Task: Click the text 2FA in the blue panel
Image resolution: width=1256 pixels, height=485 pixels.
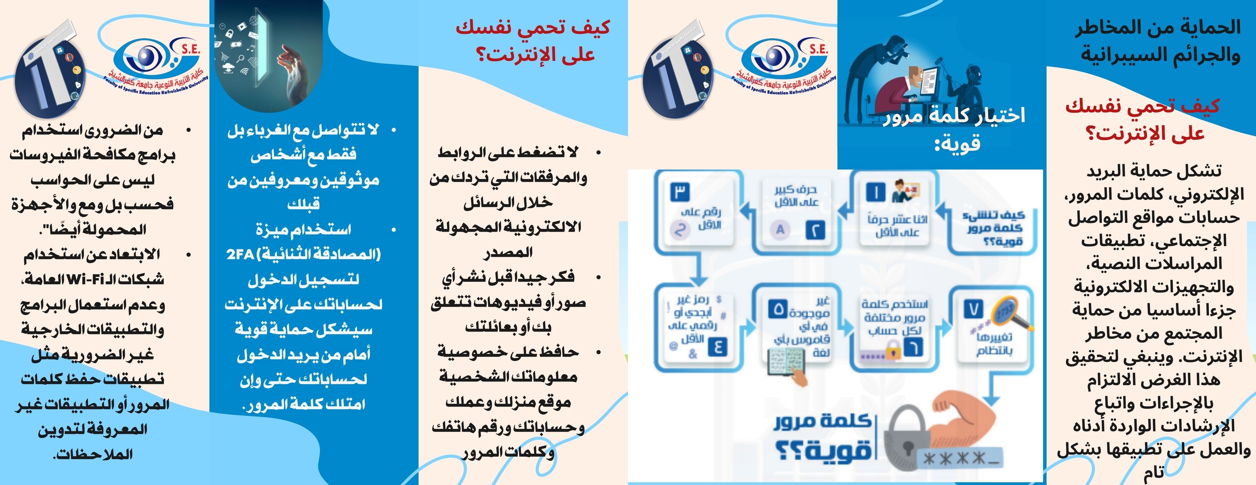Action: point(241,255)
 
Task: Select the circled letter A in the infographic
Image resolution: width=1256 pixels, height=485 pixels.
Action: point(780,229)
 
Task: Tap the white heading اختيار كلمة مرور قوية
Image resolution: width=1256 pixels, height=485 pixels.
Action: point(956,129)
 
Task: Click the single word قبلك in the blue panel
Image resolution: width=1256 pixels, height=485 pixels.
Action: point(303,204)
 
